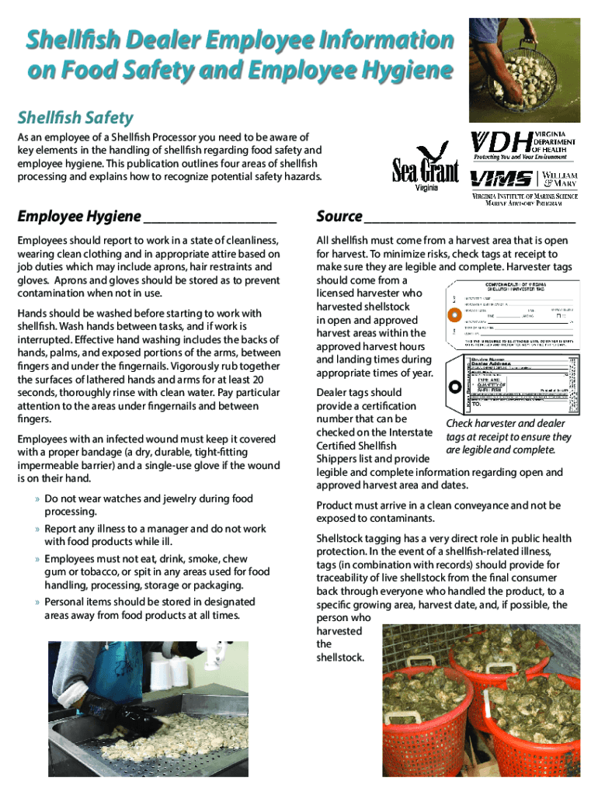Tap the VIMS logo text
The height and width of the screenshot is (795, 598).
click(x=502, y=179)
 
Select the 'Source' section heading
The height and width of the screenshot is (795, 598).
click(x=339, y=216)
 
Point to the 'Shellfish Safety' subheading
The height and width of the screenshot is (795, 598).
click(x=75, y=118)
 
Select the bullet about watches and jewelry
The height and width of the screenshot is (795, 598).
click(x=148, y=505)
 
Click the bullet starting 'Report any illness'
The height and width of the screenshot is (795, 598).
click(x=155, y=535)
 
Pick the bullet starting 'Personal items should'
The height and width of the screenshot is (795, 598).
click(x=149, y=609)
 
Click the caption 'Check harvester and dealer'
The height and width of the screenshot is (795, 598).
click(x=508, y=424)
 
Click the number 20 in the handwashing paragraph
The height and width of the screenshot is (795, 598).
click(x=259, y=380)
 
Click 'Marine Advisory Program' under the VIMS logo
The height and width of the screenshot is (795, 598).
click(x=524, y=204)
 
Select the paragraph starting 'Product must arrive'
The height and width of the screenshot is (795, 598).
click(x=438, y=512)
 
